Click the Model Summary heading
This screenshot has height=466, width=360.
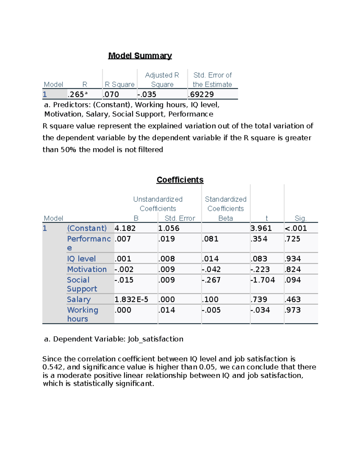click(x=140, y=56)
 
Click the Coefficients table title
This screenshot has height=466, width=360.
click(x=180, y=180)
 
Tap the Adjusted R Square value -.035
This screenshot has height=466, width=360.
click(x=147, y=95)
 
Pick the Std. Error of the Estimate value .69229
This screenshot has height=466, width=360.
click(x=201, y=95)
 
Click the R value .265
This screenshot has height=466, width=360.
click(x=76, y=95)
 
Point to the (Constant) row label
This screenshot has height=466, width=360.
click(x=87, y=228)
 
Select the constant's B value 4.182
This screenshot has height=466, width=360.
click(x=125, y=228)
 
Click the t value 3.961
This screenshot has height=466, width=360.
click(x=261, y=228)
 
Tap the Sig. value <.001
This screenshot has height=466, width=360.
click(x=296, y=228)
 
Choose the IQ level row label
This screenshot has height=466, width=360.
click(x=81, y=259)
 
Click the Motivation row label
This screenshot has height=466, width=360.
click(x=87, y=269)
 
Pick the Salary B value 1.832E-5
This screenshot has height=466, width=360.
click(x=131, y=299)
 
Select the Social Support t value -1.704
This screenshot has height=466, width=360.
click(x=262, y=280)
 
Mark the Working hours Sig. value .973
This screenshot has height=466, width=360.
click(x=292, y=310)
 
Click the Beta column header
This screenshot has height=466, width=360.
click(x=226, y=218)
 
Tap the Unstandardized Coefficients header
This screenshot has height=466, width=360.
click(x=158, y=204)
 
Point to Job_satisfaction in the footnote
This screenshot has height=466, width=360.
click(x=155, y=339)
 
